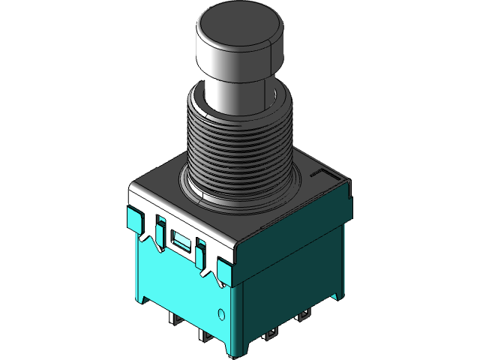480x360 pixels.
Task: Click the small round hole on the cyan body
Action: point(221,313)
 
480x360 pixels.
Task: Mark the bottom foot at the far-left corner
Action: point(142,297)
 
